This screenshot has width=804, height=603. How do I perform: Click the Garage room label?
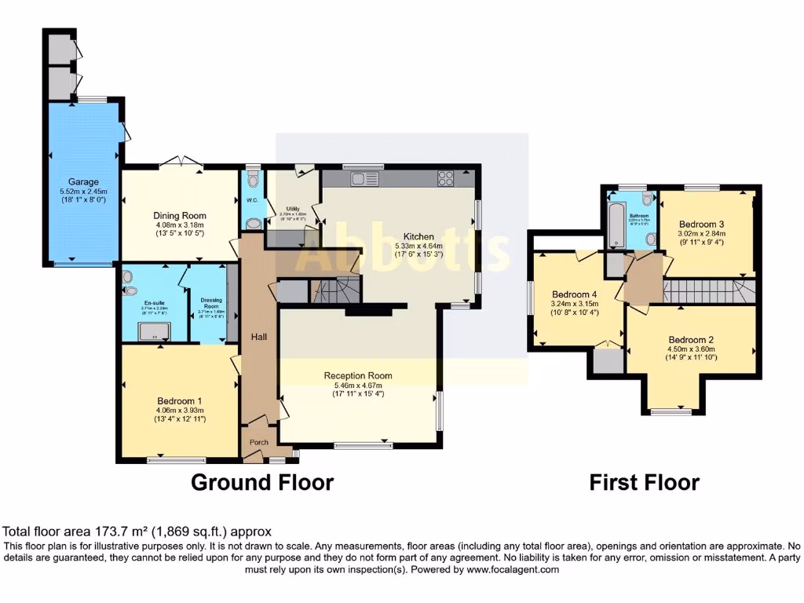[82, 181]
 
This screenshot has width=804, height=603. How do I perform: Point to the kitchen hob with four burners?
[446, 179]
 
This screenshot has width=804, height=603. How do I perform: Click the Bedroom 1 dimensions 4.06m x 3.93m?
[180, 410]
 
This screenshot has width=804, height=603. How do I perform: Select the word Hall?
[259, 337]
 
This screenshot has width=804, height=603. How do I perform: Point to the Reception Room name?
[358, 375]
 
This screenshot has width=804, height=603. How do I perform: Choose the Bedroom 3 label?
[703, 223]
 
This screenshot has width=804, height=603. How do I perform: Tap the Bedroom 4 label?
[575, 294]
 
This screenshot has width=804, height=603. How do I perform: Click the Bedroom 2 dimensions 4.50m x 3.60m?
[691, 350]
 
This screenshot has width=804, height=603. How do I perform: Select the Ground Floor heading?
[262, 482]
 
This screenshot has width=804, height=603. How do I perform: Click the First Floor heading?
[644, 482]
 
